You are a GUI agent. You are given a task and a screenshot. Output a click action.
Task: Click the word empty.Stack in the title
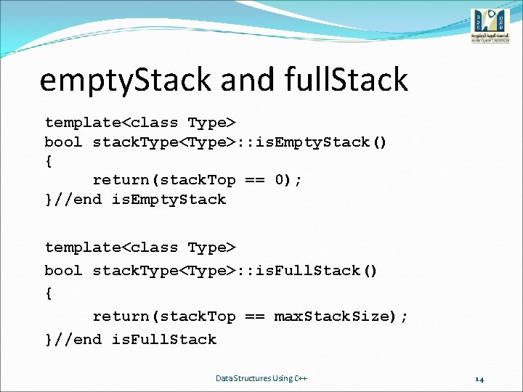point(123,80)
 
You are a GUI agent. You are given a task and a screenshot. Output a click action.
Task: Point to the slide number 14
point(479,378)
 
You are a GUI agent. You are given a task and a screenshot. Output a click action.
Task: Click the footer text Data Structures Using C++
point(261,378)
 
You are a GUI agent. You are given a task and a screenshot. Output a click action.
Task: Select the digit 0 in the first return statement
point(281,179)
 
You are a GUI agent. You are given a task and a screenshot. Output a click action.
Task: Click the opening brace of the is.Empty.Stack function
point(49,161)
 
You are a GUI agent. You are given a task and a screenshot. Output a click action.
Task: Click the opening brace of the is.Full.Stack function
point(49,293)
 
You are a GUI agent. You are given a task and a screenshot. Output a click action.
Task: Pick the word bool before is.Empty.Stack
point(63,142)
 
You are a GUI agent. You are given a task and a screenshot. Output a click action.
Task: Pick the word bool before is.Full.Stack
point(63,271)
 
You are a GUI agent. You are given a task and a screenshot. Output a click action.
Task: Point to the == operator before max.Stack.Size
point(254,317)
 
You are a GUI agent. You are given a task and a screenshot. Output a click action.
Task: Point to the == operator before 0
point(254,179)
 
